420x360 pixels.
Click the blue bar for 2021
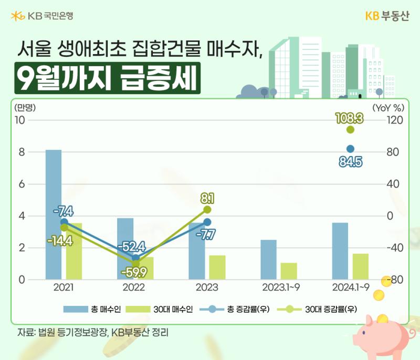coord(54,214)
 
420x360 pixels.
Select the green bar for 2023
coord(217,268)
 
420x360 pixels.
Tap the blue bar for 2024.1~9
coord(340,251)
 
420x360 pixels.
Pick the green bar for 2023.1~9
coord(289,271)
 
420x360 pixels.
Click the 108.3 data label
coord(350,118)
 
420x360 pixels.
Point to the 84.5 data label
coord(351,162)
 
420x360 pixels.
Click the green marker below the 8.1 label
coord(207,210)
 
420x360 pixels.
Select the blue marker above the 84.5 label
coord(350,149)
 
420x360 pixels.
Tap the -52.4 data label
coord(132,246)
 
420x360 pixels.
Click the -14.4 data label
coord(60,241)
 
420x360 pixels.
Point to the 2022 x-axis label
coord(134,287)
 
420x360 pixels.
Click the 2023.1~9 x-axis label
coord(281,287)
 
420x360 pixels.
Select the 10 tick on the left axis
coord(20,120)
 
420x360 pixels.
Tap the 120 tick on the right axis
coord(395,120)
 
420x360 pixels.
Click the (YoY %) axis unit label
coord(388,108)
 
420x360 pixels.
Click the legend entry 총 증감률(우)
coord(235,310)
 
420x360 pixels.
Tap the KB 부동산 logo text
coord(387,16)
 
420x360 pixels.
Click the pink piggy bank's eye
coord(364,333)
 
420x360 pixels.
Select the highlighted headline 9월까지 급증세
coord(108,78)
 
